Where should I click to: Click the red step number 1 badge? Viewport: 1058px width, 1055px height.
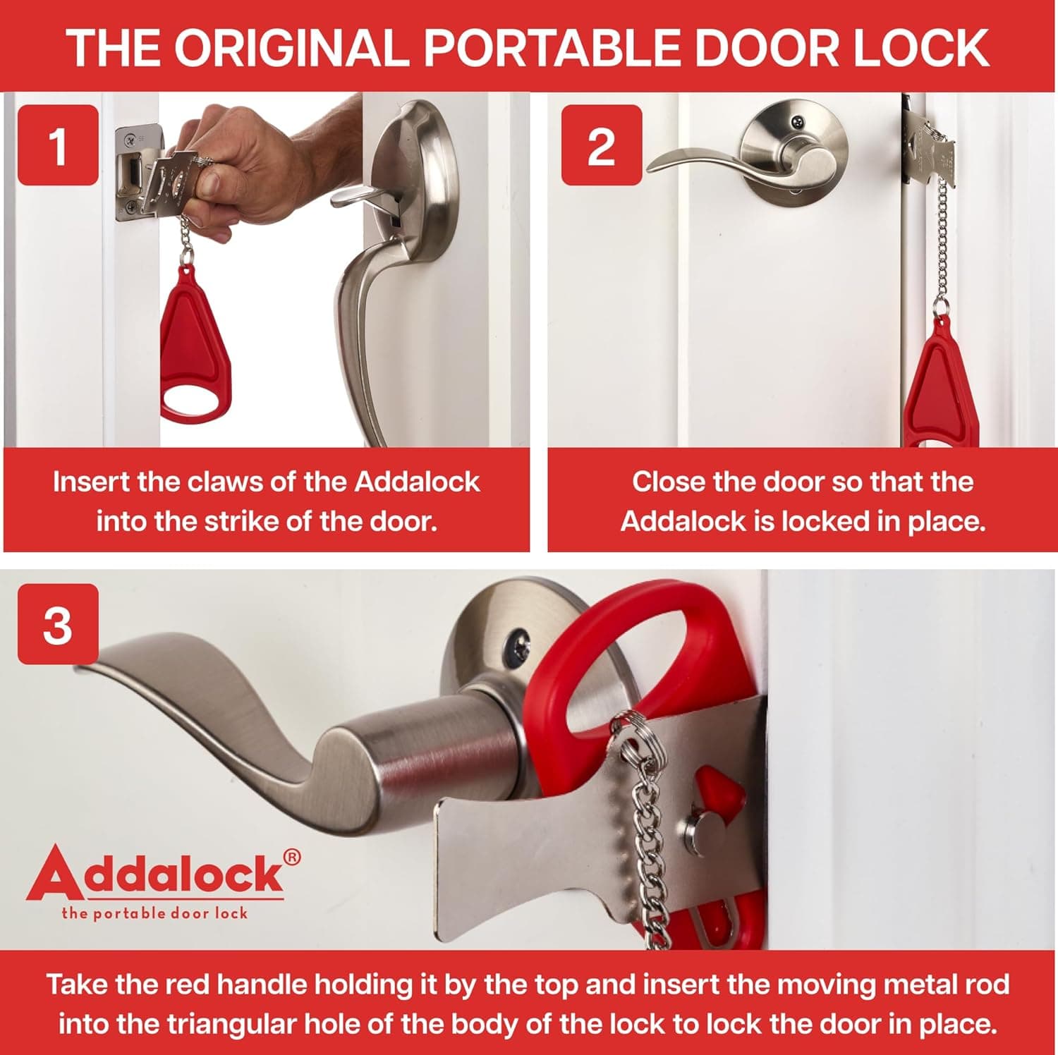coord(58,145)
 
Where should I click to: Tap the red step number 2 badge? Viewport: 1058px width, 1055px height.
coord(601,145)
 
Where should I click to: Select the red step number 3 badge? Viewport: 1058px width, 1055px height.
coord(58,624)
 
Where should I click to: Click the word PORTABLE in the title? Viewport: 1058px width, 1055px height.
coord(552,48)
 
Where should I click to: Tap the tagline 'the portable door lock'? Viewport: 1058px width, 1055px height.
coord(154,914)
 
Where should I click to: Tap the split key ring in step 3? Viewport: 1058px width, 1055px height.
coord(630,733)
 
